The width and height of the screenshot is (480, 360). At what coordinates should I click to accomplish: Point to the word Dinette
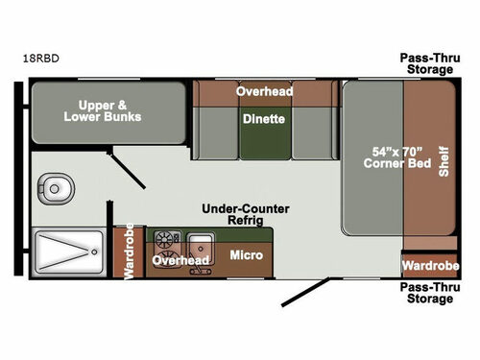pos(263,121)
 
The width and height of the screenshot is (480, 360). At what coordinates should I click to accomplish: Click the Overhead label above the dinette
pos(264,91)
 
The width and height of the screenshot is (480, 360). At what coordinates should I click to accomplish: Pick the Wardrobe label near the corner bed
pos(429,264)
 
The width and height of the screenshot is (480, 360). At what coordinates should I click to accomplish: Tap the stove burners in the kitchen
pos(164,240)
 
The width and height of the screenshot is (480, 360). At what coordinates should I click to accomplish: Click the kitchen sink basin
pos(199,241)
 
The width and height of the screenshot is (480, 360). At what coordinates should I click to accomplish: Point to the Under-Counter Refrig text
pos(245,214)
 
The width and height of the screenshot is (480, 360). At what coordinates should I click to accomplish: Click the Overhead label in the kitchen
pos(181,260)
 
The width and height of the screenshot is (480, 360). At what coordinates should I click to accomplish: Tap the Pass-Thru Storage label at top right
pos(427,62)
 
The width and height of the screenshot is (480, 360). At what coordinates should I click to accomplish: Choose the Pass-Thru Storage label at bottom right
pos(427,292)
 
